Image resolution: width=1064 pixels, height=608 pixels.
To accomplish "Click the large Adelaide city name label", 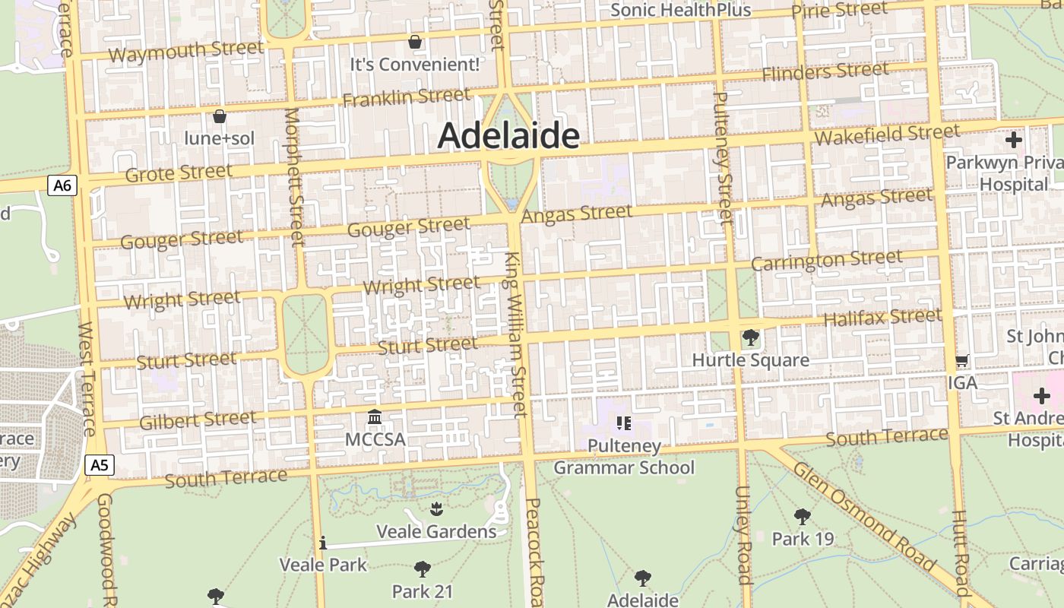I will [x=508, y=136].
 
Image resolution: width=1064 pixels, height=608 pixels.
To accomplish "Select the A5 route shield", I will [x=100, y=465].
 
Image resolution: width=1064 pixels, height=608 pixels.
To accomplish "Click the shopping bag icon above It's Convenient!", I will [x=415, y=41].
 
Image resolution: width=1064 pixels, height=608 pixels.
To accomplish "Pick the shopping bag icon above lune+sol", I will [x=220, y=116].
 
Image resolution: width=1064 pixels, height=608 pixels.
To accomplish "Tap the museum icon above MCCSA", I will [x=375, y=417].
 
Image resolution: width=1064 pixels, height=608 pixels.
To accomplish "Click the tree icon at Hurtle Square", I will [x=750, y=337].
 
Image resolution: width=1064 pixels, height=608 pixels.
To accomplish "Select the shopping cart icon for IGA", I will [x=962, y=361].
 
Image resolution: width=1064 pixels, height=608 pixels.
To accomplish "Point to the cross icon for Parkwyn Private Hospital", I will [x=1013, y=140].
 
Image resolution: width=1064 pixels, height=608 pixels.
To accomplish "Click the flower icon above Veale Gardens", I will [x=436, y=508].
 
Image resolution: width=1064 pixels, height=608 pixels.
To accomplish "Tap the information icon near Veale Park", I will [x=323, y=543].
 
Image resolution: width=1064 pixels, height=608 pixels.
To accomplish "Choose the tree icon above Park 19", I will [x=802, y=517].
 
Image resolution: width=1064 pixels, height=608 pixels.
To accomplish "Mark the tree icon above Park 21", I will [x=423, y=568].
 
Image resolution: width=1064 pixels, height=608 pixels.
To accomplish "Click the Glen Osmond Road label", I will [x=864, y=515].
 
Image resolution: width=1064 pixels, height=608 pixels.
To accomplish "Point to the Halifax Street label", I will [x=882, y=316].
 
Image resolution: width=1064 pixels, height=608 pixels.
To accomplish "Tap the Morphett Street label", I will [x=293, y=177].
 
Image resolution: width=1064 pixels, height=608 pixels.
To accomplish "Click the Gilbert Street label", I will [x=198, y=420].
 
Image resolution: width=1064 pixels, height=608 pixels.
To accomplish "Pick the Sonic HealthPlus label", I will [x=680, y=10].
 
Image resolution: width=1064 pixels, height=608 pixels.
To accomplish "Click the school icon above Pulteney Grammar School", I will [x=624, y=423].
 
